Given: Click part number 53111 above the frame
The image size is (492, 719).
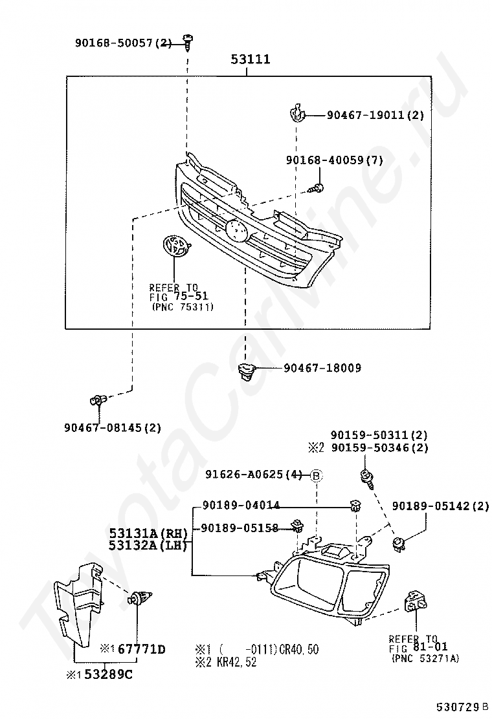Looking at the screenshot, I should [x=251, y=60].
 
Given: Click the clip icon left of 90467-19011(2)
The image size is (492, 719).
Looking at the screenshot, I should [x=296, y=114].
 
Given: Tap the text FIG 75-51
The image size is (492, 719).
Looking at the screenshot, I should [x=179, y=297].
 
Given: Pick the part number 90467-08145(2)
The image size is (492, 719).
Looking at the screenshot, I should [x=113, y=427].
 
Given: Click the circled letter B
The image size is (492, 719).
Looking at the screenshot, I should [x=316, y=475].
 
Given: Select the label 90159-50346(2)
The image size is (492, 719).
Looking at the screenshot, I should [x=379, y=447].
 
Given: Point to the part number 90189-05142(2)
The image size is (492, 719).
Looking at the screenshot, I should [x=441, y=506].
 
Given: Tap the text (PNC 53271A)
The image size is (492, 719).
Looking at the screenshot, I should [x=425, y=658].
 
